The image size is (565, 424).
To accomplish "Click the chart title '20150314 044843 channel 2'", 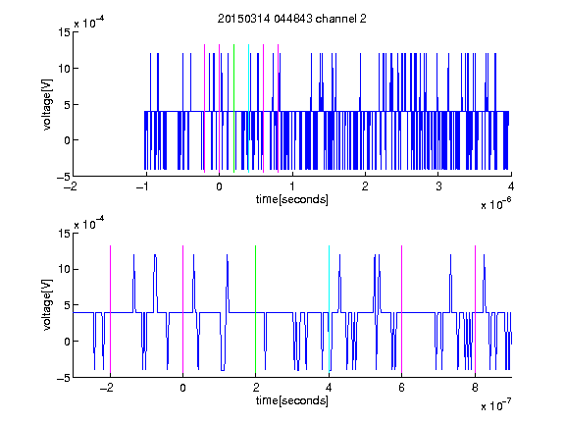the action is tap(292, 19).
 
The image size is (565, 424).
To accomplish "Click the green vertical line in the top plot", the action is tap(233, 109).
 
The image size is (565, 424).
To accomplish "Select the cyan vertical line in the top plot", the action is tap(248, 109).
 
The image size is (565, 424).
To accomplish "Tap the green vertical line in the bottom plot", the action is tap(255, 309).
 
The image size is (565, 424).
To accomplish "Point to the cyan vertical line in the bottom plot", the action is tap(329, 309).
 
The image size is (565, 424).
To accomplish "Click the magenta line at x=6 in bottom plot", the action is tap(402, 309).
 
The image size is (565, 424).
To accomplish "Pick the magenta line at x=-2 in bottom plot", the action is tap(110, 309).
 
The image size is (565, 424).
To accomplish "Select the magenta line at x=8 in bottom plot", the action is tap(475, 309).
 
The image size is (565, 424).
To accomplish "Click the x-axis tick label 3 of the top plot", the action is tap(438, 186).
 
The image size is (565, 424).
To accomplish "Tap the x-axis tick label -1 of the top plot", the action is tap(143, 186).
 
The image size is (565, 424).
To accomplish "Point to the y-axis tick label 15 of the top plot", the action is tap(64, 32).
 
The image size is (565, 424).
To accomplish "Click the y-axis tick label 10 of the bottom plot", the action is tap(64, 269).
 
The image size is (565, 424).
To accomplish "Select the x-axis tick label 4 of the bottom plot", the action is tap(329, 388).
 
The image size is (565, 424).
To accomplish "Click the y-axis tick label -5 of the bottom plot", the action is tap(64, 378).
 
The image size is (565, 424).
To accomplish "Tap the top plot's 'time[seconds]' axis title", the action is tap(292, 199).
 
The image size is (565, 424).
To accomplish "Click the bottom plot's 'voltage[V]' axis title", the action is tap(47, 304).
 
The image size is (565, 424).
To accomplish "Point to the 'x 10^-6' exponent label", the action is tap(495, 204).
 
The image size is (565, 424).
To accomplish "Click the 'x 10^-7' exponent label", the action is tap(495, 405).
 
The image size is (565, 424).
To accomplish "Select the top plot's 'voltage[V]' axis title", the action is tap(47, 104).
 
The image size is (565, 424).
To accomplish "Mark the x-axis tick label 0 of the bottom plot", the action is tap(182, 388).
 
